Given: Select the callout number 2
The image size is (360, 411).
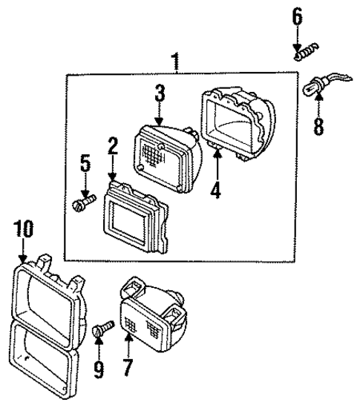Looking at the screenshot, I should tap(112, 145).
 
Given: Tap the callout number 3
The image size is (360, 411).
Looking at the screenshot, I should tap(159, 94).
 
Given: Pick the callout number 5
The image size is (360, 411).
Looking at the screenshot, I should tap(85, 163).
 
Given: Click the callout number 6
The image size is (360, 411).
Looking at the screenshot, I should tap(297, 15).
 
